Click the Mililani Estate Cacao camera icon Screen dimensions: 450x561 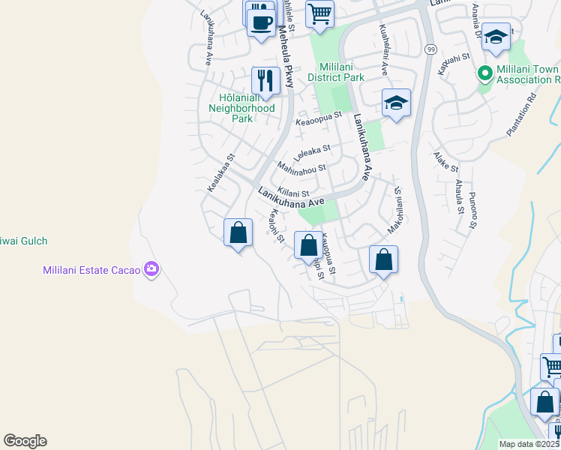point(152,269)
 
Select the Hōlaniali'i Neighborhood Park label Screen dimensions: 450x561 point(241,107)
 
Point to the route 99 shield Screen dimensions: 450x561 point(430,49)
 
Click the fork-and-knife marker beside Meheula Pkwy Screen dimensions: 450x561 point(265,79)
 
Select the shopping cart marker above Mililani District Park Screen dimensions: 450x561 point(319,13)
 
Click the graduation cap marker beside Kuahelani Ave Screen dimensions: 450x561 point(396,102)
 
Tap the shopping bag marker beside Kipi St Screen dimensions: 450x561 point(307,244)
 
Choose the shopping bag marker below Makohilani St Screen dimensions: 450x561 point(383,259)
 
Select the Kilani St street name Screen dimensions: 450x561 point(293,193)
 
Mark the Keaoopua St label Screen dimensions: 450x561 point(319,118)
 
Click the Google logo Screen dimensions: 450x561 point(25,441)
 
